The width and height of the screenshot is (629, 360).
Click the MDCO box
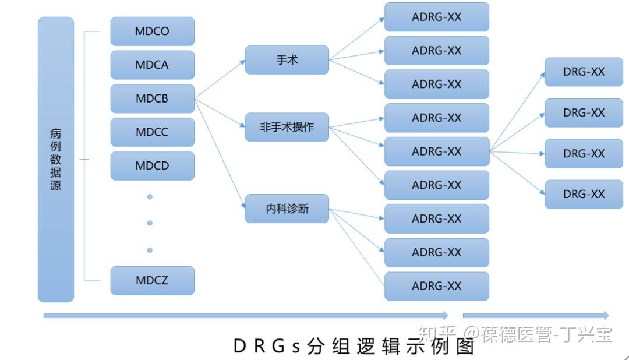[x=152, y=31]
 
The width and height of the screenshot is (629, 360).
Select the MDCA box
[x=152, y=65]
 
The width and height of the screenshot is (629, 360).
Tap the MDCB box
[x=152, y=98]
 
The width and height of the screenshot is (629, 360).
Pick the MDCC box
[x=152, y=132]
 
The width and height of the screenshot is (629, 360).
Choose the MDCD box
[x=152, y=165]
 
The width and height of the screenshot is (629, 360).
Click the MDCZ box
[x=152, y=280]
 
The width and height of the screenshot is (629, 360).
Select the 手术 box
[x=287, y=60]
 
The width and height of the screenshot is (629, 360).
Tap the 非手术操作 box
[x=287, y=127]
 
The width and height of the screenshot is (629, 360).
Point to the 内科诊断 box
[x=287, y=209]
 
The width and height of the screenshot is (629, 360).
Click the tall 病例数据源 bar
[x=56, y=160]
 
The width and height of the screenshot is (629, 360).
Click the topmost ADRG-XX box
[x=436, y=17]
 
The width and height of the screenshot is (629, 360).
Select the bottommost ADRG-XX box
[x=436, y=286]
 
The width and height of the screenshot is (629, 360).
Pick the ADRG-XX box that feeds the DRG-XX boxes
[x=436, y=151]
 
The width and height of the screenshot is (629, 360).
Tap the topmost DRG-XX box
[x=584, y=72]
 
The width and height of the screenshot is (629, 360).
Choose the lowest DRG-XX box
[x=584, y=195]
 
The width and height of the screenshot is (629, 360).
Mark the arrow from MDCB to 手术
[x=220, y=79]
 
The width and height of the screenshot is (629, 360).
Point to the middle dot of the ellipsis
[x=150, y=223]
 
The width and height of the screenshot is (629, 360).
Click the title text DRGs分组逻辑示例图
[x=354, y=346]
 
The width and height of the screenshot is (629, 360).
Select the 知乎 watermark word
[x=437, y=334]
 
